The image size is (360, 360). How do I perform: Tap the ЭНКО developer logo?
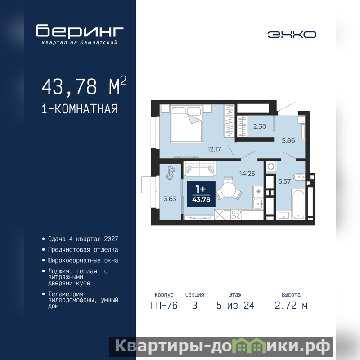pyautogui.click(x=292, y=35)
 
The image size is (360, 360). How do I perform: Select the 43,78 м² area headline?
pyautogui.click(x=84, y=85)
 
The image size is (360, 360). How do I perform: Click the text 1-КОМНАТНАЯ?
pyautogui.click(x=80, y=109)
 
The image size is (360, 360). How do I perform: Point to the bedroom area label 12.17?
pyautogui.click(x=214, y=149)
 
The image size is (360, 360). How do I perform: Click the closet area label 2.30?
pyautogui.click(x=260, y=126)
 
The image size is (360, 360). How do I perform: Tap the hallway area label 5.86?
pyautogui.click(x=288, y=140)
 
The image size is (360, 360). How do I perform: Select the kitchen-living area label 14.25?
pyautogui.click(x=247, y=174)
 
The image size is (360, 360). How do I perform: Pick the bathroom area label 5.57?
pyautogui.click(x=284, y=181)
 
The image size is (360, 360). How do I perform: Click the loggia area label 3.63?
pyautogui.click(x=170, y=199)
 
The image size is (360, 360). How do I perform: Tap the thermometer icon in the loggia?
pyautogui.click(x=170, y=173)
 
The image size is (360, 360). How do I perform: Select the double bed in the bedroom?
pyautogui.click(x=186, y=123)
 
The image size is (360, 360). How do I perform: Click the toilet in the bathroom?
pyautogui.click(x=299, y=177)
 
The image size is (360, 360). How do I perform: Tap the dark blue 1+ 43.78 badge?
pyautogui.click(x=201, y=194)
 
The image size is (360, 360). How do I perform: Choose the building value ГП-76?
pyautogui.click(x=164, y=306)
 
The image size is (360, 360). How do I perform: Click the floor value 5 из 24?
pyautogui.click(x=235, y=306)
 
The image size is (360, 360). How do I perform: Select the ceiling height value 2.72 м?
pyautogui.click(x=291, y=306)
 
